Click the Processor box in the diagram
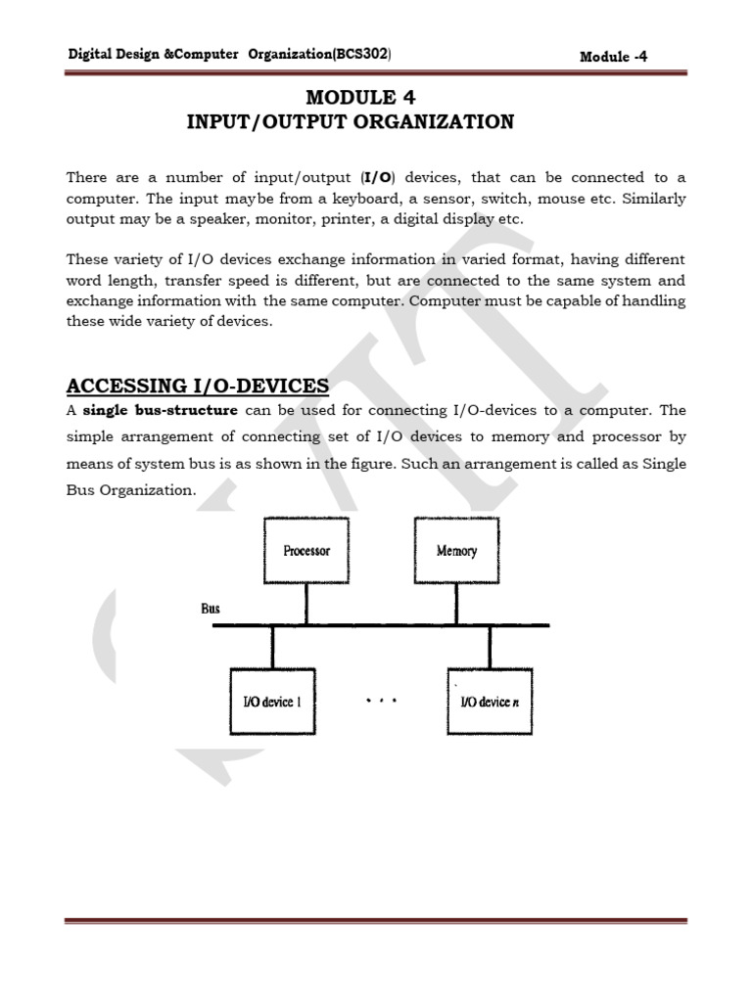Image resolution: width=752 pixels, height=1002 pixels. coord(305,551)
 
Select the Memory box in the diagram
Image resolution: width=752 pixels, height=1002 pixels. coord(456,551)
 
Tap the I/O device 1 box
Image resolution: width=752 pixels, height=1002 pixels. coord(272,702)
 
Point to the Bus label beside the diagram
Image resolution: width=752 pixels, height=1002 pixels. coord(211,609)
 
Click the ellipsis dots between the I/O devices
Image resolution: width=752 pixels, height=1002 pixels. coord(381,702)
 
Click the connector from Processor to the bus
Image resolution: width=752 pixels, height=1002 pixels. coord(305,605)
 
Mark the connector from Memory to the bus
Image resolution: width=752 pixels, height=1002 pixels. coord(456,605)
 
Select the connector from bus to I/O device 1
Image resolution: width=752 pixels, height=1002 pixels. coord(273,647)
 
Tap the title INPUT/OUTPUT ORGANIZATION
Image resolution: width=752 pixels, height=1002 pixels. coord(351,122)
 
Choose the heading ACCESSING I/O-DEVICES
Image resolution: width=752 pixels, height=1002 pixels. coord(198,386)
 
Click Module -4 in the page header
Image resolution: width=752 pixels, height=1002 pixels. coord(613,57)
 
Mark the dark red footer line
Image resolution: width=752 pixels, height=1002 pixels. coord(376,921)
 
